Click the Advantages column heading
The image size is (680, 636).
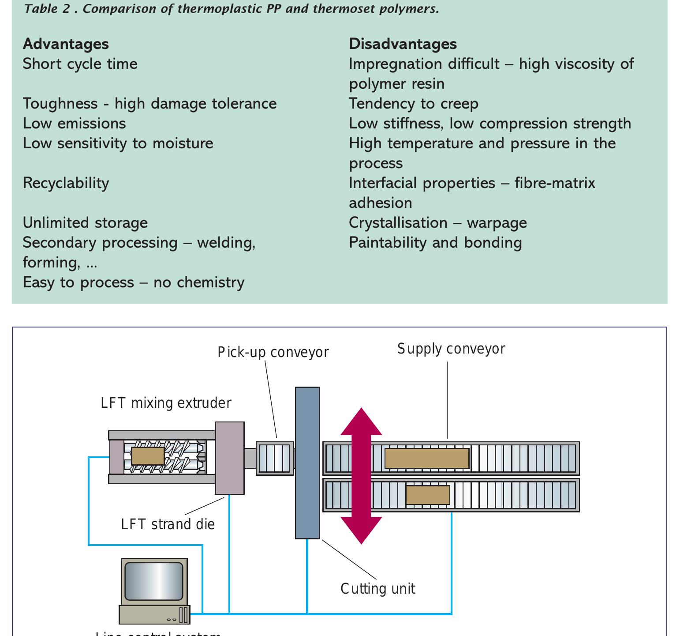coord(66,44)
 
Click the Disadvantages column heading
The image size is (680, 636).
coord(403,44)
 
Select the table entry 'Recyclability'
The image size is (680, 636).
coord(66,183)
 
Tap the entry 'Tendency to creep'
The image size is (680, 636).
coord(413,104)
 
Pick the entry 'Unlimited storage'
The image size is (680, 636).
coord(85,223)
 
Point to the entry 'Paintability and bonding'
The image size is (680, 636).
coord(435,243)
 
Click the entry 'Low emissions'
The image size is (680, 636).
coord(74,124)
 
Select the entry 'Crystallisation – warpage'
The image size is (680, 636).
coord(437,223)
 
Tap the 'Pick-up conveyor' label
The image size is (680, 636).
coord(273,352)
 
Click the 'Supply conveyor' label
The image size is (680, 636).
coord(451,349)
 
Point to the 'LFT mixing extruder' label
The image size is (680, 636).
coord(166,403)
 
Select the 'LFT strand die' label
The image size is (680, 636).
coord(168,524)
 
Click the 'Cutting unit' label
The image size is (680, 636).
coord(377,589)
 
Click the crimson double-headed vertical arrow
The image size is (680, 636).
coord(361,476)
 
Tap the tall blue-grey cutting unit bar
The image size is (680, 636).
coord(307,463)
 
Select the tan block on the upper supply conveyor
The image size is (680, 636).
coord(426,459)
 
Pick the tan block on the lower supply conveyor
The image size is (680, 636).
coord(427,495)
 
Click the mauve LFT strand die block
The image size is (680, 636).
coord(229,458)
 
